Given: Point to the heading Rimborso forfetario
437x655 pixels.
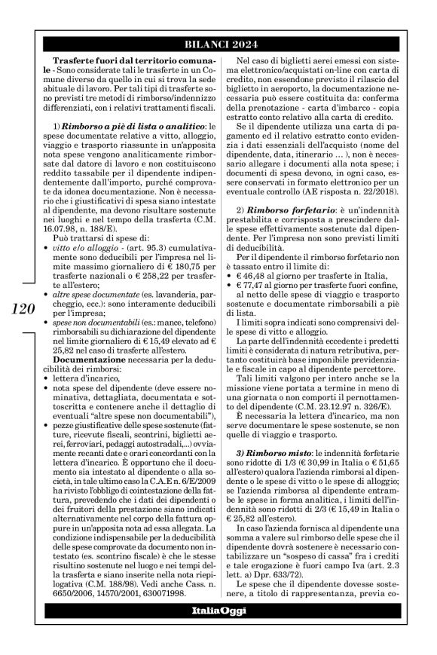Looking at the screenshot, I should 286,207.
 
